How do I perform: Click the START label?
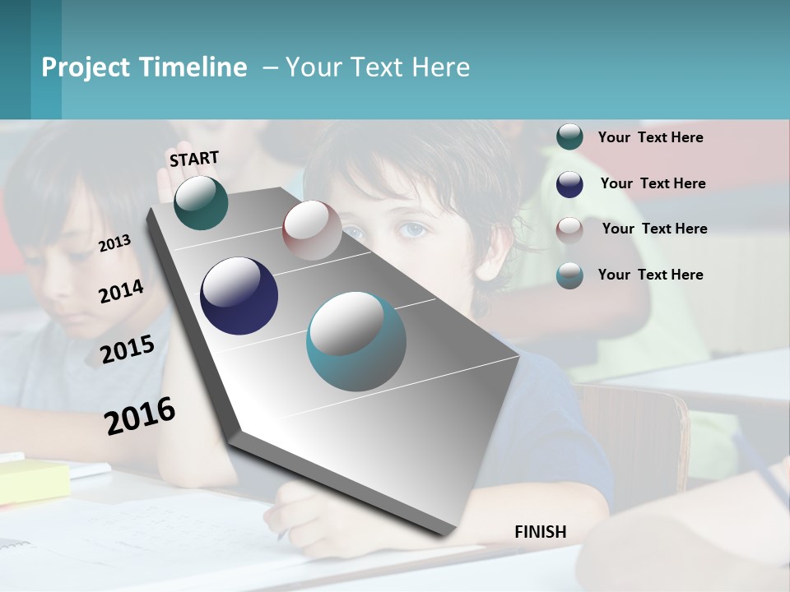(194, 159)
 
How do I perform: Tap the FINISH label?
(540, 532)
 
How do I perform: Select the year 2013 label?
(114, 243)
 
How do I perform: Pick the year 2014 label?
(121, 291)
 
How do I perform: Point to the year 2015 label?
(127, 349)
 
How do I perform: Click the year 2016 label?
(140, 415)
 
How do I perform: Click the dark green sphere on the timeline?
(201, 202)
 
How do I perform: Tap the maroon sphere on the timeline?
(312, 230)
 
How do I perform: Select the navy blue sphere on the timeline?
(239, 296)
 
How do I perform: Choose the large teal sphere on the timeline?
(356, 341)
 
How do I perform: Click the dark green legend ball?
(569, 137)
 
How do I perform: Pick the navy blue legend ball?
(569, 184)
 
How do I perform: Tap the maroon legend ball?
(569, 229)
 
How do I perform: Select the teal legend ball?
(569, 275)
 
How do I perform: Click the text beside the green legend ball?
(650, 138)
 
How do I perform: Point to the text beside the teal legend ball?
(650, 275)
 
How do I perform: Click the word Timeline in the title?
(194, 67)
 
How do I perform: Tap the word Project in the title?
(86, 67)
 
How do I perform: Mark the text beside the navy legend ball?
(653, 183)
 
